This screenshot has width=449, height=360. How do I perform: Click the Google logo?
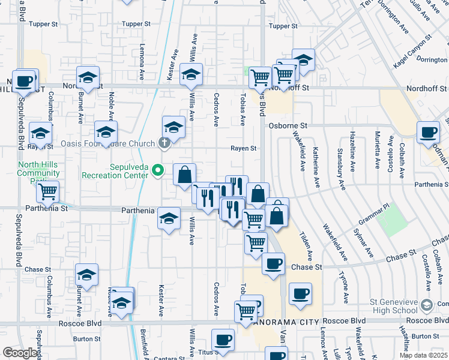tap(20, 353)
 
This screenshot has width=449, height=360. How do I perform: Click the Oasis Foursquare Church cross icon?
tap(164, 143)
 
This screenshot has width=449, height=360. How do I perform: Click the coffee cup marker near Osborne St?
tap(429, 132)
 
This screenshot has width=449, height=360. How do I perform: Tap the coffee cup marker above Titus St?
tap(223, 340)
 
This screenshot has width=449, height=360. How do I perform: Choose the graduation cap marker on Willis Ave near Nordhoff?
tap(191, 75)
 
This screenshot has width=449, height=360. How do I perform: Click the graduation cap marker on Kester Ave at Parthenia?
tap(169, 218)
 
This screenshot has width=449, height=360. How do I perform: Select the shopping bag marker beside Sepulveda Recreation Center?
tap(184, 175)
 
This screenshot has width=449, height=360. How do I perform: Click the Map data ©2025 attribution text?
tap(423, 355)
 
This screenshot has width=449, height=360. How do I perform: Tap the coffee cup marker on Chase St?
tap(274, 263)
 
